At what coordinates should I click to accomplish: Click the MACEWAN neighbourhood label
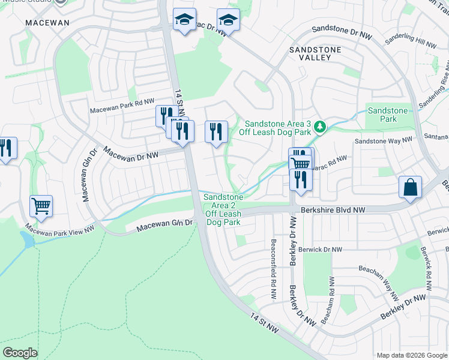pos(47,23)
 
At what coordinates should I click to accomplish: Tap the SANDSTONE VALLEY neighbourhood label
pos(315,53)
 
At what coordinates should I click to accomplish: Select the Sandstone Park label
pos(387,115)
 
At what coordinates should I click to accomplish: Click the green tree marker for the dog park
pos(321,126)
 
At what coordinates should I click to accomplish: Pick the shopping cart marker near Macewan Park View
pos(41,206)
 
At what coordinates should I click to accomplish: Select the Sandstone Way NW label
pos(383,140)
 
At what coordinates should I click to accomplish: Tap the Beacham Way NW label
pos(379,282)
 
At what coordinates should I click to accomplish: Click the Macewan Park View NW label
pos(60,229)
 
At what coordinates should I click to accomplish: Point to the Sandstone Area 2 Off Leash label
pos(223,209)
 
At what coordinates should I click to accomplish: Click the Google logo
pos(20,353)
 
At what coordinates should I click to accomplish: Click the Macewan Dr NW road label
pos(131,155)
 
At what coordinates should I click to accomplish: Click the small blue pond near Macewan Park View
pos(26,240)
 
